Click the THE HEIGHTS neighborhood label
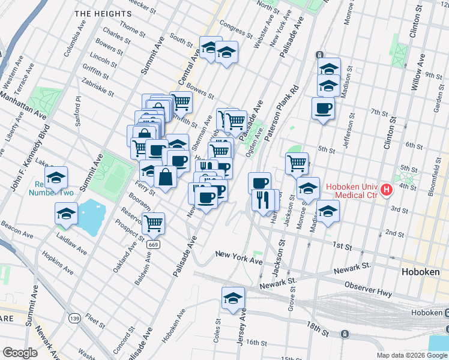click(103, 13)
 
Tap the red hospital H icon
click(387, 190)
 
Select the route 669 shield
click(153, 245)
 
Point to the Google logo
click(20, 353)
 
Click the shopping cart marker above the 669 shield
click(154, 223)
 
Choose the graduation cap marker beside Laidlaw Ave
click(65, 214)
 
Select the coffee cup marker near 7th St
click(323, 109)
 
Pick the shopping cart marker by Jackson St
click(297, 163)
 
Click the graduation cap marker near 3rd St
click(328, 211)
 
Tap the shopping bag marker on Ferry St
click(166, 177)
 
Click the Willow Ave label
click(418, 72)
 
